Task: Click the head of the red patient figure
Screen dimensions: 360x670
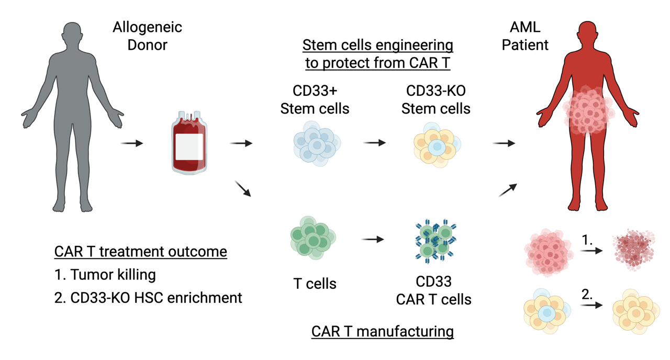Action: (x=587, y=34)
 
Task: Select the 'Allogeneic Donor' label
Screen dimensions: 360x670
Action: (x=147, y=36)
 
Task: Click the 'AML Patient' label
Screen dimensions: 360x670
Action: (x=525, y=36)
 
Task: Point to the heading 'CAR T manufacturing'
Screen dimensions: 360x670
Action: (x=382, y=331)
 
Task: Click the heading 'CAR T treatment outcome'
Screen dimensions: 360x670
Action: (x=140, y=252)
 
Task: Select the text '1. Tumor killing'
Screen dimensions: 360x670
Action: (x=105, y=274)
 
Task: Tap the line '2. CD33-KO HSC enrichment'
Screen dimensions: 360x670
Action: (x=148, y=298)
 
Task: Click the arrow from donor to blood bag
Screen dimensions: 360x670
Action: (x=132, y=143)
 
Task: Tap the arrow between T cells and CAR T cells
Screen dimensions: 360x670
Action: (x=373, y=240)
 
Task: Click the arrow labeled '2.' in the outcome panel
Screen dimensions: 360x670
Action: (x=591, y=305)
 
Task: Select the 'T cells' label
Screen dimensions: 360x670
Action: (x=314, y=284)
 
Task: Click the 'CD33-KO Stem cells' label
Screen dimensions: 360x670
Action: (x=435, y=99)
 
